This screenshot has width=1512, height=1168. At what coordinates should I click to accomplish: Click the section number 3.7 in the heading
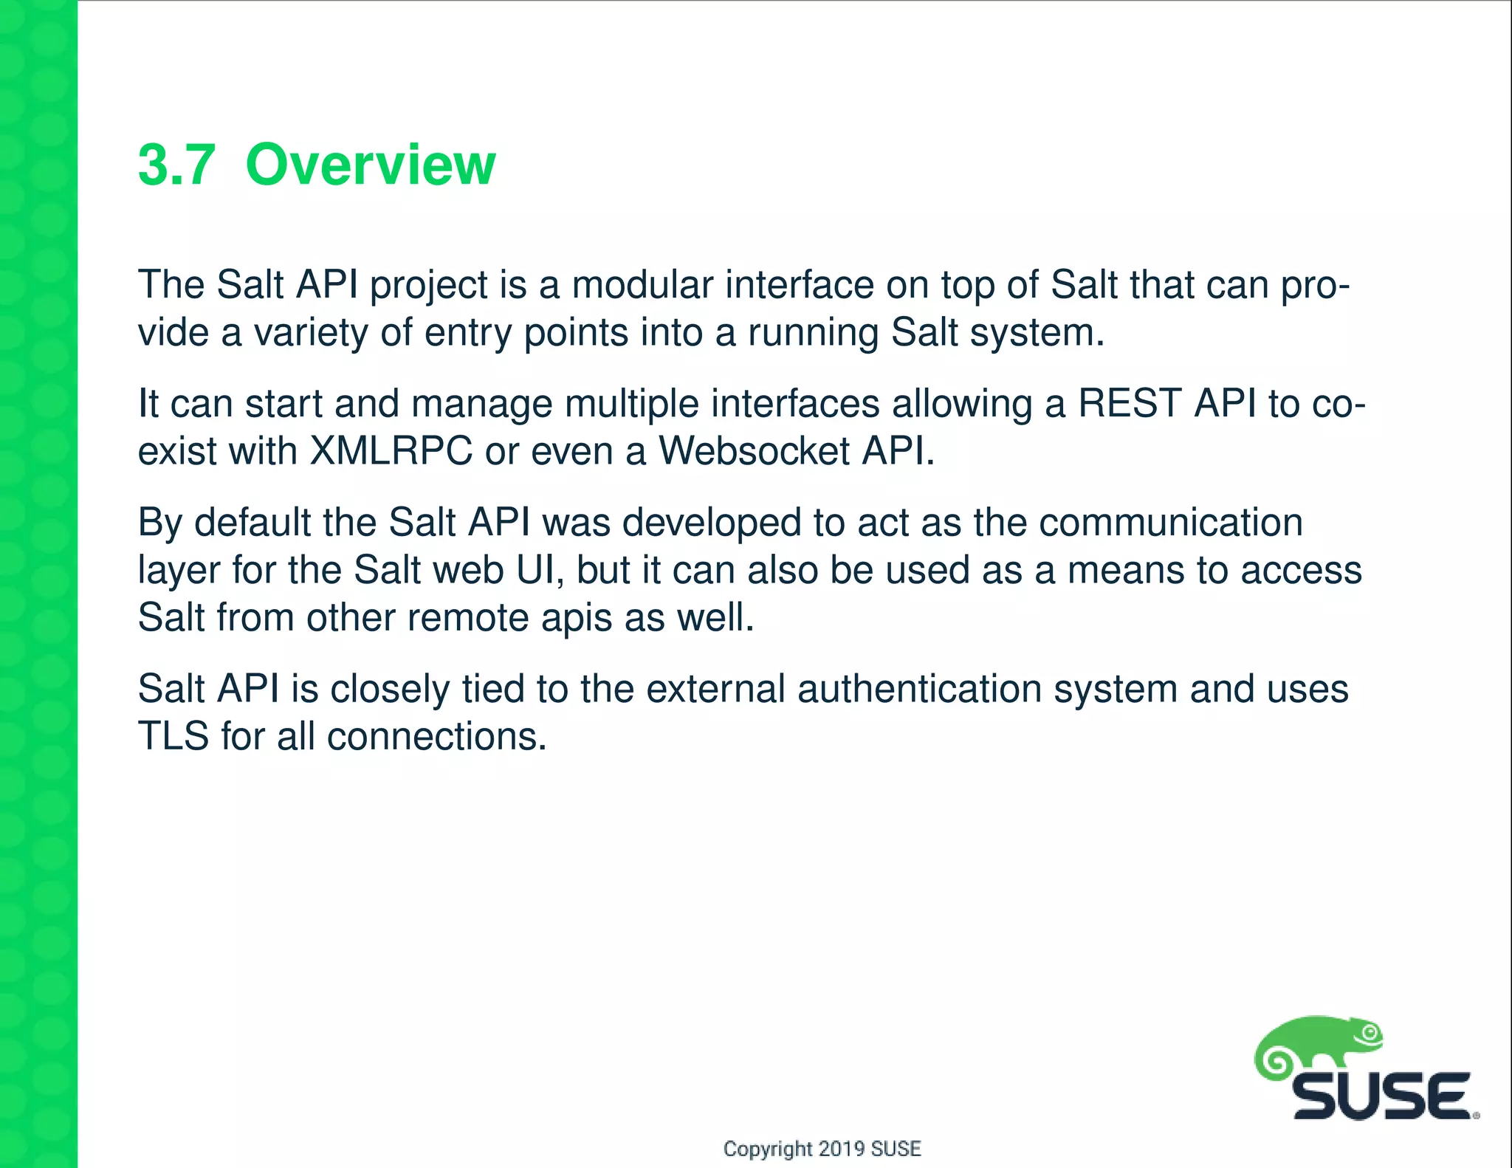(176, 165)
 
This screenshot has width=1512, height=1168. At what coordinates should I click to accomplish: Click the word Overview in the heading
(370, 165)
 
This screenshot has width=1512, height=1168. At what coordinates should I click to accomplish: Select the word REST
(1129, 404)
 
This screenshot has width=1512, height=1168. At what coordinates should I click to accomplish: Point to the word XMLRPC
(391, 451)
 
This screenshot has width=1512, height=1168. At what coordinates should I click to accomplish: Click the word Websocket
(754, 451)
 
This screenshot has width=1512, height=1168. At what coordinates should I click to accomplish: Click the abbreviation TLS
(173, 737)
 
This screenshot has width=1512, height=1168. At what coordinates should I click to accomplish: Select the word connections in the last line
(436, 737)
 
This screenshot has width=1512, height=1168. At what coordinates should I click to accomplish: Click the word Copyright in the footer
(767, 1149)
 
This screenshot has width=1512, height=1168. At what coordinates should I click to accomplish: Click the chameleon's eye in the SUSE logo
(1370, 1034)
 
